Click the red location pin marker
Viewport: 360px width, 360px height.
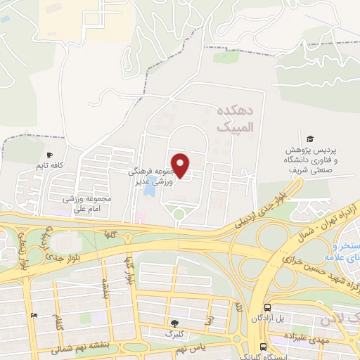click(181, 165)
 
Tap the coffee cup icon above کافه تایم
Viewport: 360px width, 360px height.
click(49, 155)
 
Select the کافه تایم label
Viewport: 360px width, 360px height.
click(51, 166)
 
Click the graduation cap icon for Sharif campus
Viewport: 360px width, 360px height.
click(310, 139)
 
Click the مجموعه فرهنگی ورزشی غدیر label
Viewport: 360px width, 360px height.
click(150, 176)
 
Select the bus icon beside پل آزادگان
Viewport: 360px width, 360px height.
click(267, 307)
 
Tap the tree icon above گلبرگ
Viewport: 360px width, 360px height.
click(174, 323)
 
